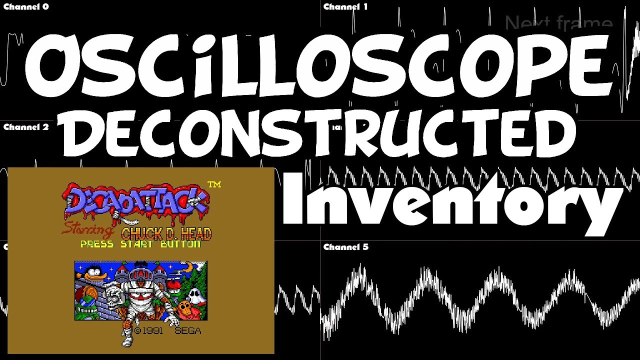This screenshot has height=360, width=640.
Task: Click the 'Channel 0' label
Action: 26,7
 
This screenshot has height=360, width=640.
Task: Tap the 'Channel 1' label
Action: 345,7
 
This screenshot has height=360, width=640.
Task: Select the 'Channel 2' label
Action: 26,127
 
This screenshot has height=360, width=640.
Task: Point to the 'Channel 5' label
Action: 345,247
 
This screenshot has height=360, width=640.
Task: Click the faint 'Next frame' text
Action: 558,23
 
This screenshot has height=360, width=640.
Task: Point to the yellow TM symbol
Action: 214,185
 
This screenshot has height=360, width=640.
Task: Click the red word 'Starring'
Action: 87,231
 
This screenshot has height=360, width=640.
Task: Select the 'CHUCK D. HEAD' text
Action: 166,233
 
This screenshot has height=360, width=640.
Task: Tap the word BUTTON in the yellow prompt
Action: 180,244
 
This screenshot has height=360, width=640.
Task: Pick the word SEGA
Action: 187,331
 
